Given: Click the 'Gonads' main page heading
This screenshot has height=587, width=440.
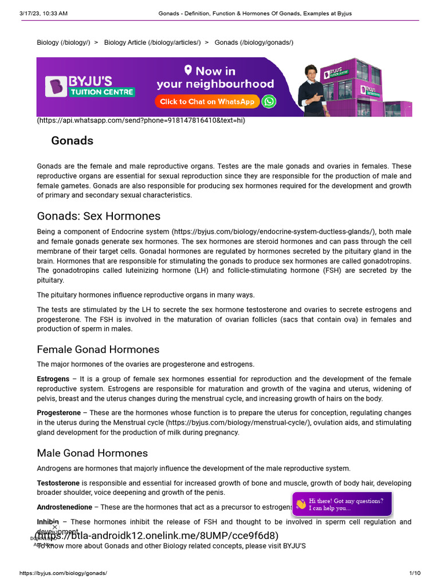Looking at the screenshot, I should [x=72, y=141].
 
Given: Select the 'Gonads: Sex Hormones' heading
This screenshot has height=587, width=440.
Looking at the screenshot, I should [x=99, y=216].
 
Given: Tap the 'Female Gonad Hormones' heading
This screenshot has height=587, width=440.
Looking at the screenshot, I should [x=98, y=349].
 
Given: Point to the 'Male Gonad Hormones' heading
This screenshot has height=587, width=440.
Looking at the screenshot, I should [x=92, y=453].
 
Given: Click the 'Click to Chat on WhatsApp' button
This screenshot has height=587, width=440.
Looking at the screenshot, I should [x=207, y=101].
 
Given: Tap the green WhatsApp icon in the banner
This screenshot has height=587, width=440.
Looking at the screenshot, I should [x=269, y=101].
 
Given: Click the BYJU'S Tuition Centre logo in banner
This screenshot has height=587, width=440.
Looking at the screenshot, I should [x=90, y=86].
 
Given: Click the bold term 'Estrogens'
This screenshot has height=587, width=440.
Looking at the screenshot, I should [x=53, y=379].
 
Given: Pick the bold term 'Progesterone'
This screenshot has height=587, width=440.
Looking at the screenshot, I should [x=59, y=413].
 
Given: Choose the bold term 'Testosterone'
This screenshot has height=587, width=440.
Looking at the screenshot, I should [x=58, y=483].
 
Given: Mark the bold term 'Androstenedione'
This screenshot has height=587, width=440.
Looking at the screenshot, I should [x=64, y=507].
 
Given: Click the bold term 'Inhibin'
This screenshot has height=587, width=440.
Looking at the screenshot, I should [x=48, y=522].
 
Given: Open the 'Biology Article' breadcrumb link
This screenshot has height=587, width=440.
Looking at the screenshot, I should [x=152, y=43].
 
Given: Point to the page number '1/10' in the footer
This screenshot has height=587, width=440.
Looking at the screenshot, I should [x=415, y=573].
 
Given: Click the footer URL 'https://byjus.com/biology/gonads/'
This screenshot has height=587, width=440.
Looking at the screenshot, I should [x=63, y=573].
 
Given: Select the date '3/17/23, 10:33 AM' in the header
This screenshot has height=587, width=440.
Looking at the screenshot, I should [x=43, y=13].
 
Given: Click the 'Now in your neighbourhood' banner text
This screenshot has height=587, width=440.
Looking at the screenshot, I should [x=215, y=77].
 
